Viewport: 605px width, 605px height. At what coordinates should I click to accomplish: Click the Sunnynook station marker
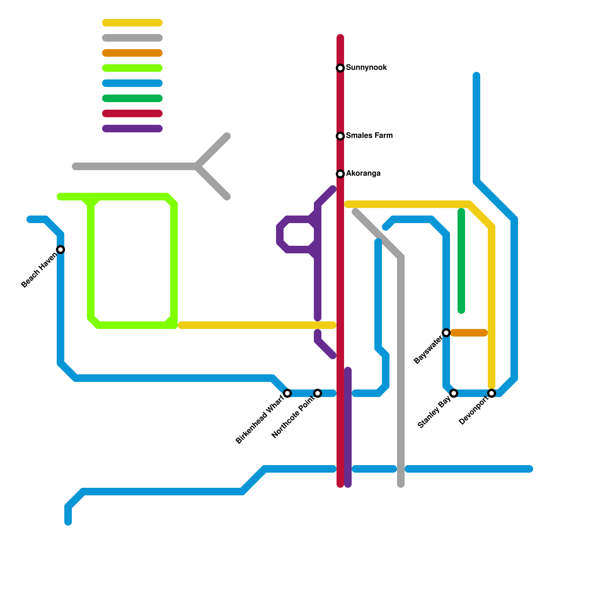(340, 68)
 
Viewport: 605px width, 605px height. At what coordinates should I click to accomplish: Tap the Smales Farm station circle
(340, 136)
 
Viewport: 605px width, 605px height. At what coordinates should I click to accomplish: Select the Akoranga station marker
(340, 174)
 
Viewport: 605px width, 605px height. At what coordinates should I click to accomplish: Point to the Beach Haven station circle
(60, 250)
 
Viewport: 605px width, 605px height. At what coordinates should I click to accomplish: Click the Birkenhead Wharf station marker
(287, 393)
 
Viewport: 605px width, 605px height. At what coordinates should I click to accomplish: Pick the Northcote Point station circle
(318, 393)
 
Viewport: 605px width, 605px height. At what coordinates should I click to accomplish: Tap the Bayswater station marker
(446, 333)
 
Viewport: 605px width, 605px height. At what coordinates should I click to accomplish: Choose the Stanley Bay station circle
(454, 393)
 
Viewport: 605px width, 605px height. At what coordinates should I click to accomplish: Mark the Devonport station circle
(492, 393)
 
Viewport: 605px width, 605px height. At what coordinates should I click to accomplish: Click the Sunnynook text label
(366, 68)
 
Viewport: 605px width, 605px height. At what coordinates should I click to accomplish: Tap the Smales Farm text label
(369, 136)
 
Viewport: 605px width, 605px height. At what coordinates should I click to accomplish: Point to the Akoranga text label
(363, 174)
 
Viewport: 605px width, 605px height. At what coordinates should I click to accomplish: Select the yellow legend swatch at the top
(132, 23)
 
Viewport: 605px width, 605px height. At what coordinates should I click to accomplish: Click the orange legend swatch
(132, 53)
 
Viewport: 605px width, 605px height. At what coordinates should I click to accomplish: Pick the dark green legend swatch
(132, 98)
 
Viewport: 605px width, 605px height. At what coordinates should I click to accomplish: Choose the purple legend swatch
(132, 129)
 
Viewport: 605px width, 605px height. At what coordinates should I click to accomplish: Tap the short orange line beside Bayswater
(469, 333)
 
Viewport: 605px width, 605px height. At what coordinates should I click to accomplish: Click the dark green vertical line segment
(461, 261)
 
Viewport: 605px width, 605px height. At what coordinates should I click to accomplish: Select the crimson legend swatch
(132, 113)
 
